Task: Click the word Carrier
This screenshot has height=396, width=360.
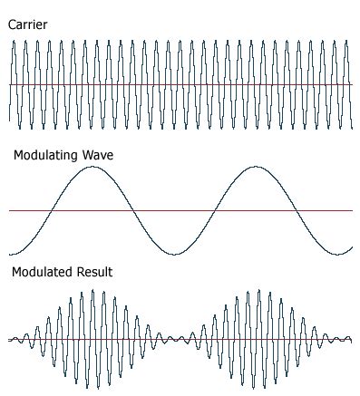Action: [27, 25]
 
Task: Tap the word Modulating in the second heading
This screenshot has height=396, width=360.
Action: [44, 156]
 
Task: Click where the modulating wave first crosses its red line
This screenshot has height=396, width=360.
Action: [52, 211]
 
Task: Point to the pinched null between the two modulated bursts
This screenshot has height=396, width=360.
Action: [176, 340]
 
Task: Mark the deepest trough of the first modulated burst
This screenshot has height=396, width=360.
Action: [87, 388]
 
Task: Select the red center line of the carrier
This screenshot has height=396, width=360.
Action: [181, 85]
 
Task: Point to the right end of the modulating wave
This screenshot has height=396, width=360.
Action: [352, 246]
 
